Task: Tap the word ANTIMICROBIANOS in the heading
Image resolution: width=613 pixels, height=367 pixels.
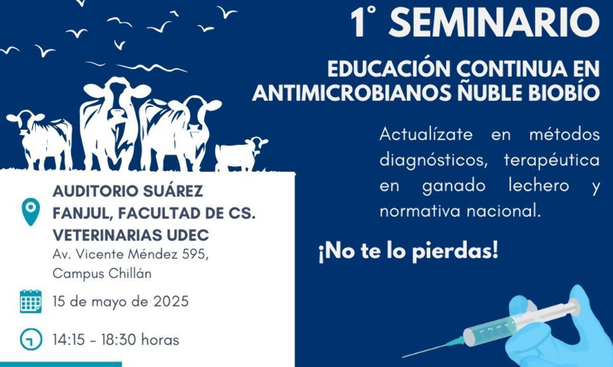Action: (351, 92)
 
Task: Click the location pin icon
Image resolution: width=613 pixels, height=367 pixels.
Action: (31, 212)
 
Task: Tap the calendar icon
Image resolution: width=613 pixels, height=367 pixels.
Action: (31, 301)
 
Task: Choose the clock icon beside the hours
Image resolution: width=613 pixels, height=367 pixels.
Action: (31, 339)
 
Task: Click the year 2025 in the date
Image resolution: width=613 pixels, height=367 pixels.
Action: (171, 301)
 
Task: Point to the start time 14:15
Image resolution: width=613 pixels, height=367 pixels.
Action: (68, 340)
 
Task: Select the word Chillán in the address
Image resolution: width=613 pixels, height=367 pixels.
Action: (130, 274)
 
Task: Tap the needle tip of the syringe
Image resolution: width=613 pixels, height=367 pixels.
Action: (403, 357)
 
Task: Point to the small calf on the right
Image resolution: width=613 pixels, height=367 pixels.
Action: (241, 154)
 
